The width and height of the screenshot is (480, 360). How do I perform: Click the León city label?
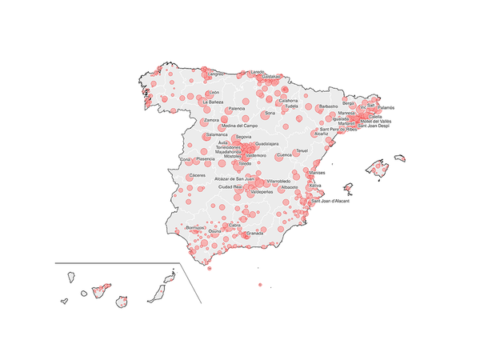point(214,93)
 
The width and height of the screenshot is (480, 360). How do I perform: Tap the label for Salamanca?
point(217,134)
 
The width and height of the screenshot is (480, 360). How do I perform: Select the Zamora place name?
point(212,120)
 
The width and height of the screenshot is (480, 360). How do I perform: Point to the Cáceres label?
point(198,174)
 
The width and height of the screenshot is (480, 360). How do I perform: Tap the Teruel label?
point(301,150)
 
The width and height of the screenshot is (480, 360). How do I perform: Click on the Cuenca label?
point(284,155)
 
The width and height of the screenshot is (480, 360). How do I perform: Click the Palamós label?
point(386,107)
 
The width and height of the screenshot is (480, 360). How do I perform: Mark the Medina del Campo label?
point(239,126)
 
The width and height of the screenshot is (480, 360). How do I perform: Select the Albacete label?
point(289,187)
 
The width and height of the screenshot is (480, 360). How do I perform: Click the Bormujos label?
point(195,228)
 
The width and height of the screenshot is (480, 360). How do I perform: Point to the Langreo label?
point(217,74)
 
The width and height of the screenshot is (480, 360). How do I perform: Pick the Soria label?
point(270,114)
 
